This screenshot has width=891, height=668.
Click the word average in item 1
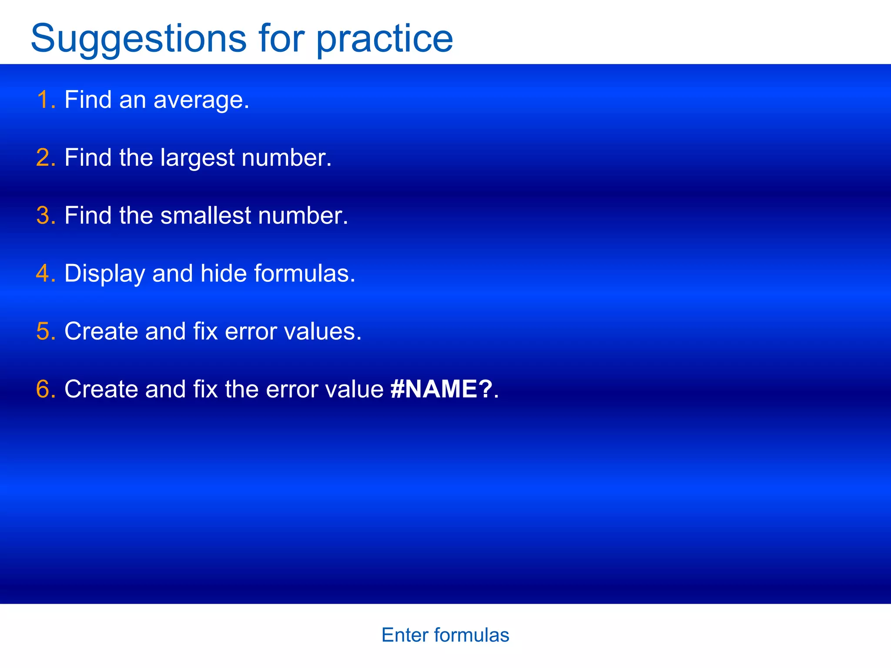pyautogui.click(x=201, y=101)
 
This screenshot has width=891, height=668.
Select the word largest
pyautogui.click(x=197, y=158)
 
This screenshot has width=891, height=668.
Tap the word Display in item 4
pyautogui.click(x=104, y=274)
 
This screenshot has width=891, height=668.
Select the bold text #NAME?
pyautogui.click(x=441, y=389)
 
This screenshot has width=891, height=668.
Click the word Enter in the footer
pyautogui.click(x=405, y=635)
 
